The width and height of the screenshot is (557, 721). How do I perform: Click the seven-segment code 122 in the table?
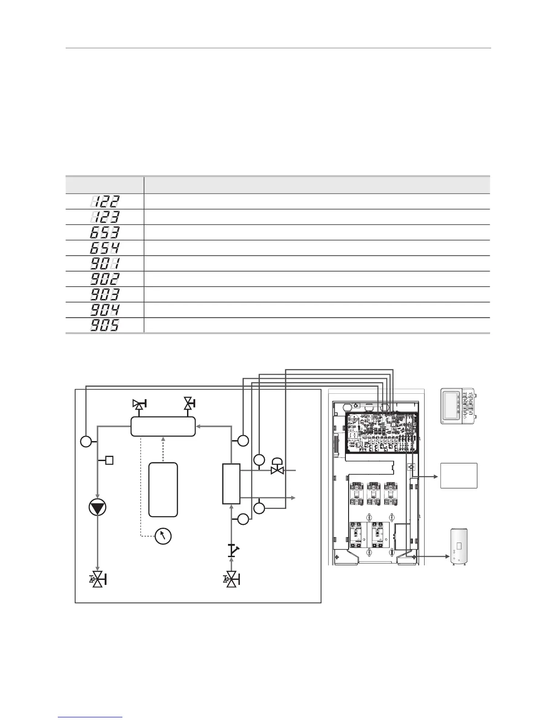coord(105,201)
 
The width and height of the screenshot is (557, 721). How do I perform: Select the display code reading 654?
coord(105,248)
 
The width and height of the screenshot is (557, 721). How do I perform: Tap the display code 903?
coord(105,294)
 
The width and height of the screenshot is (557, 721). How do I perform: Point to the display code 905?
coord(105,325)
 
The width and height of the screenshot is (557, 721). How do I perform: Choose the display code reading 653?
coord(105,232)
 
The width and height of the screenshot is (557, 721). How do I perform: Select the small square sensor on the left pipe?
coord(109,460)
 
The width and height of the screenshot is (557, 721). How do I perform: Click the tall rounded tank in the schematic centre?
coord(163,489)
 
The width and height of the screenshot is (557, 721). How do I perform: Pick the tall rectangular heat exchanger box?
coord(231,483)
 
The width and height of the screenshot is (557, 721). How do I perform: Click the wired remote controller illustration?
coord(458,406)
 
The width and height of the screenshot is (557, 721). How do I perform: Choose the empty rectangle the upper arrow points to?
coord(459,476)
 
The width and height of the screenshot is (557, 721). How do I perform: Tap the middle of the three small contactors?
coord(374,493)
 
